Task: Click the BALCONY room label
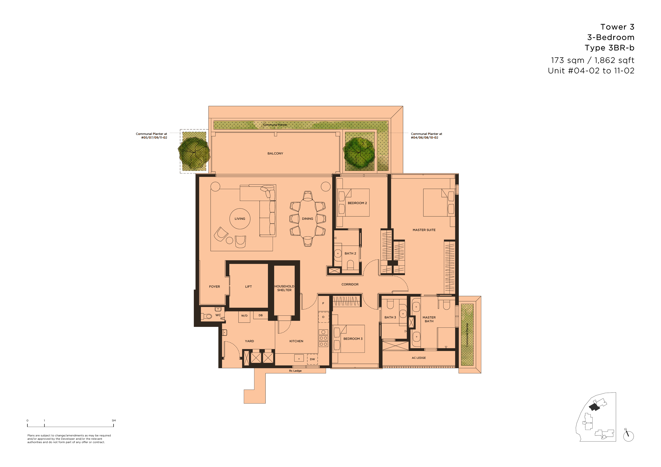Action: (275, 153)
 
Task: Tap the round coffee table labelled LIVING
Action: (240, 219)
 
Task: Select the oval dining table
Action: (308, 218)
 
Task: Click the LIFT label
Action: (249, 287)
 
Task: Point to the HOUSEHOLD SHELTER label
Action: (285, 288)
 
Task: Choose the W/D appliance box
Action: (244, 317)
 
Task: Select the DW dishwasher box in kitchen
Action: (313, 359)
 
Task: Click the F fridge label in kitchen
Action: (323, 303)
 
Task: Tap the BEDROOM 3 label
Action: (353, 339)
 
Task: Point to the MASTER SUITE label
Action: (424, 230)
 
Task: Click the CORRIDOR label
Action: (350, 284)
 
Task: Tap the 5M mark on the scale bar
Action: (114, 420)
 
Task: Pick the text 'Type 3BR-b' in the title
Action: (610, 48)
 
